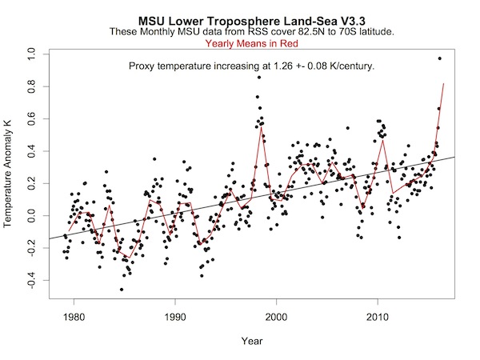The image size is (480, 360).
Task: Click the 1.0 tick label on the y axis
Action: point(33,53)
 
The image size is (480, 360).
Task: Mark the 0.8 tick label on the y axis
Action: point(33,86)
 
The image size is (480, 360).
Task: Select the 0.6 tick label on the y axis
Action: point(33,118)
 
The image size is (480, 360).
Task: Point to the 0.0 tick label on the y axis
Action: point(33,216)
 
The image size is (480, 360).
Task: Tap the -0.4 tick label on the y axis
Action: point(33,282)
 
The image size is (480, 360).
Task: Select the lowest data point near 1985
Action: point(122,290)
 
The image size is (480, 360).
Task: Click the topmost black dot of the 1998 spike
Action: point(258,77)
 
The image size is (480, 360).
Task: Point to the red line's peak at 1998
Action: point(261,126)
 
